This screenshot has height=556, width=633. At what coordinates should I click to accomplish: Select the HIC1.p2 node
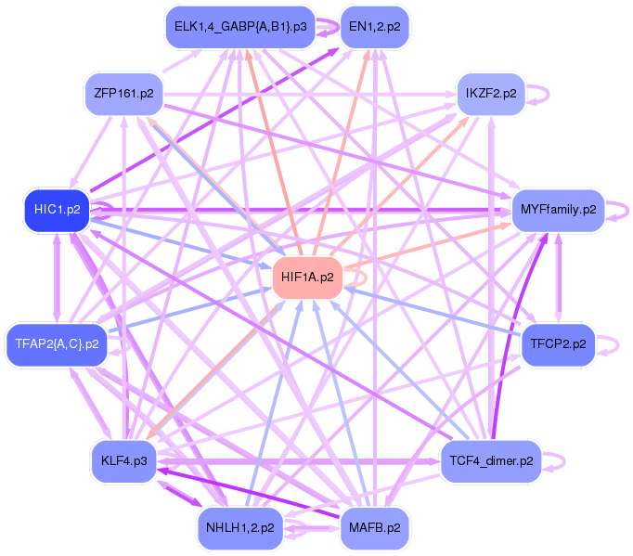tap(57, 210)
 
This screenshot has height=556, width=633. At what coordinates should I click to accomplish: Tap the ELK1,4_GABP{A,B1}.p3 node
tap(240, 27)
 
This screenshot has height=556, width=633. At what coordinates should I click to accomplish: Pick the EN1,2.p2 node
tap(375, 27)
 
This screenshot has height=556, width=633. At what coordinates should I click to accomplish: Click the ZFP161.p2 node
tap(123, 94)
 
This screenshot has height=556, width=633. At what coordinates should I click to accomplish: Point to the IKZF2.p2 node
tap(491, 94)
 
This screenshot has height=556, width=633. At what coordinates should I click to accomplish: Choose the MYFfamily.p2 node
tap(558, 210)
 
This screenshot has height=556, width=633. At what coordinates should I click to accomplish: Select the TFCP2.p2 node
tap(558, 344)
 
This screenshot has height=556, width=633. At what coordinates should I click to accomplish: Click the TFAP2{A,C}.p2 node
tap(57, 344)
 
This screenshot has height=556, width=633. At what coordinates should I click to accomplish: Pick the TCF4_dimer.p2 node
tap(491, 460)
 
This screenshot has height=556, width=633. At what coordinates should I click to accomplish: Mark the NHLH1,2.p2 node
tap(240, 528)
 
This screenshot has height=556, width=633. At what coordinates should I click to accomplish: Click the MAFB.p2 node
tap(375, 528)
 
